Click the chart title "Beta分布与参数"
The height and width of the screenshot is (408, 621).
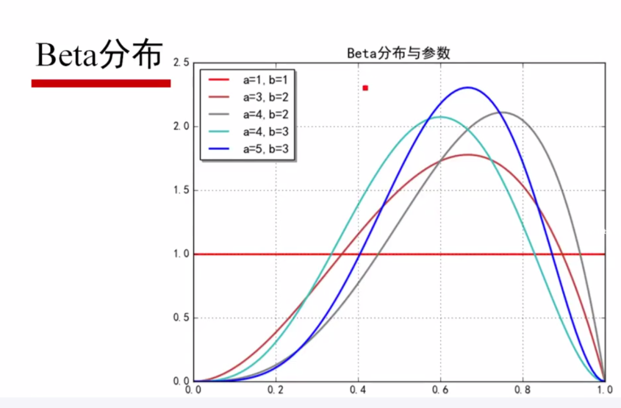[398, 54]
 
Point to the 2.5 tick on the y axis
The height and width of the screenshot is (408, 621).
[180, 62]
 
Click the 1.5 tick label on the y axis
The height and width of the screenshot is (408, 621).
[180, 190]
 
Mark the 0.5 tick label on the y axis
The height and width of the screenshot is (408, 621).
[180, 318]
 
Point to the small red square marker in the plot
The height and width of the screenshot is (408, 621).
[365, 88]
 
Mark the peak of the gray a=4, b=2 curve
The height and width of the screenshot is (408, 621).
[502, 112]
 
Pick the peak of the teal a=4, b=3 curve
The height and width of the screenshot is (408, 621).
[440, 117]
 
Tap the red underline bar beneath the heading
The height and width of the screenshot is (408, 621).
[101, 83]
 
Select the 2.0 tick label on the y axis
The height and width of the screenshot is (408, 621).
[180, 126]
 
